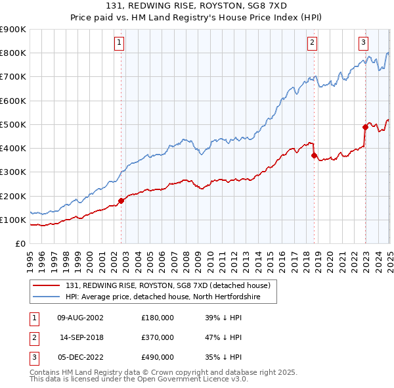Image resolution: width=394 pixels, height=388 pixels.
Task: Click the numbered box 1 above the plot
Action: coord(120,43)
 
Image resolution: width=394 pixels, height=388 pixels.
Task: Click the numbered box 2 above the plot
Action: coord(312,43)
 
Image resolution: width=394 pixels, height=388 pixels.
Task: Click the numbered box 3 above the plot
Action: coord(363,43)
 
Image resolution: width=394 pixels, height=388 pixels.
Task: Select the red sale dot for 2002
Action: coord(121,201)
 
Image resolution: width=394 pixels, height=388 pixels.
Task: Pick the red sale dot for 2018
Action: coord(314,156)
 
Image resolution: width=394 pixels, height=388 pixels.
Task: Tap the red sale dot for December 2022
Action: coord(365,127)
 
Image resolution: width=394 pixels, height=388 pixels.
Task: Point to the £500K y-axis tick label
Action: coord(13,124)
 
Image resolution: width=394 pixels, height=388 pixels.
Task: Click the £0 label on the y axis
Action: coord(20,243)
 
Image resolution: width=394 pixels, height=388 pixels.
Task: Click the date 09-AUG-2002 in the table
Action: coord(80,318)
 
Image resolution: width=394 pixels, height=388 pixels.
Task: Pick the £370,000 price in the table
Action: coord(158,337)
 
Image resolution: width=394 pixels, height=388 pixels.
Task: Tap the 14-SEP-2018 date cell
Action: coord(81,337)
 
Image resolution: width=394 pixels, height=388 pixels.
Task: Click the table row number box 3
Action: coord(33,357)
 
